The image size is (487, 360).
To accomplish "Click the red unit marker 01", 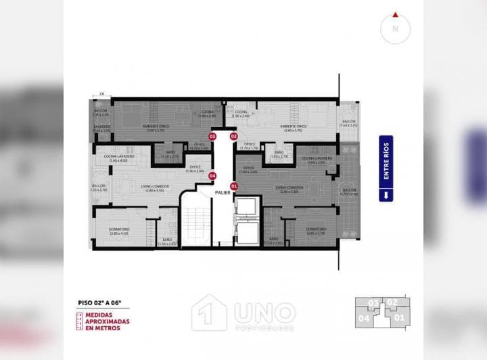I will (x=234, y=185).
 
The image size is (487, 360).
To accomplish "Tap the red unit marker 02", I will (x=234, y=136).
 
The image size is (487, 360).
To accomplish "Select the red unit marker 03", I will (x=212, y=136).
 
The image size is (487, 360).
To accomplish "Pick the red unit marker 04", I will (x=212, y=176).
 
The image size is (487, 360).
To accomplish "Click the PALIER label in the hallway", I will (x=223, y=193).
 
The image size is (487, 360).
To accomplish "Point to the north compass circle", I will (x=395, y=28).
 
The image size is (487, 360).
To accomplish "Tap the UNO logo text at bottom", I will (x=264, y=313).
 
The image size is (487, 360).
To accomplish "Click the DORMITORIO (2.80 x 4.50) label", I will (x=119, y=231).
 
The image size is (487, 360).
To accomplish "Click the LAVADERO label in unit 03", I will (x=101, y=127).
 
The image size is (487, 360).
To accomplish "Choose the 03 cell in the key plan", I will (x=373, y=302).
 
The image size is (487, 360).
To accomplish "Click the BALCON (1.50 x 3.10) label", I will (x=348, y=124).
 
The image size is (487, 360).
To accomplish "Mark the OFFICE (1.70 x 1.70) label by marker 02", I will (x=249, y=145).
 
